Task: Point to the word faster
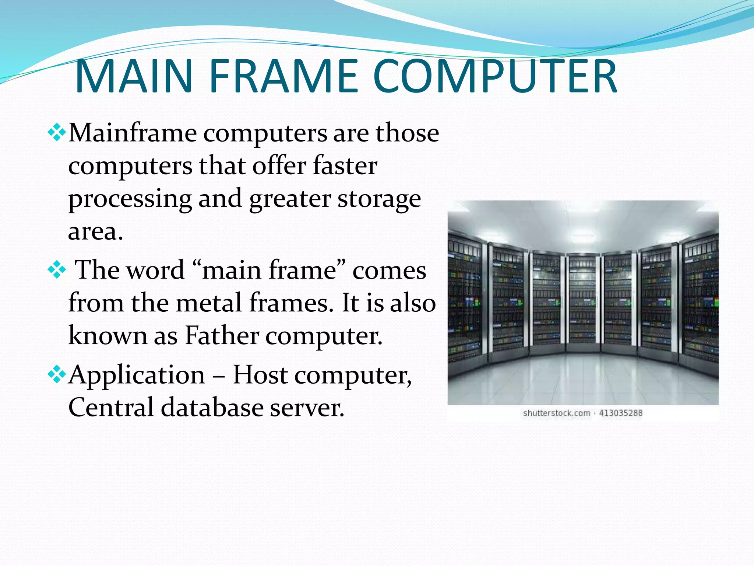[345, 165]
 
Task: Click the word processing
[130, 199]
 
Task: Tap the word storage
[379, 199]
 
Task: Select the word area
[95, 232]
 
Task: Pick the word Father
[222, 336]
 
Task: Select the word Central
[111, 408]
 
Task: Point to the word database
[212, 408]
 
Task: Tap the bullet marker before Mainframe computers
[57, 133]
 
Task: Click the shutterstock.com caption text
[556, 413]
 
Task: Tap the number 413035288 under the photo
[621, 413]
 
